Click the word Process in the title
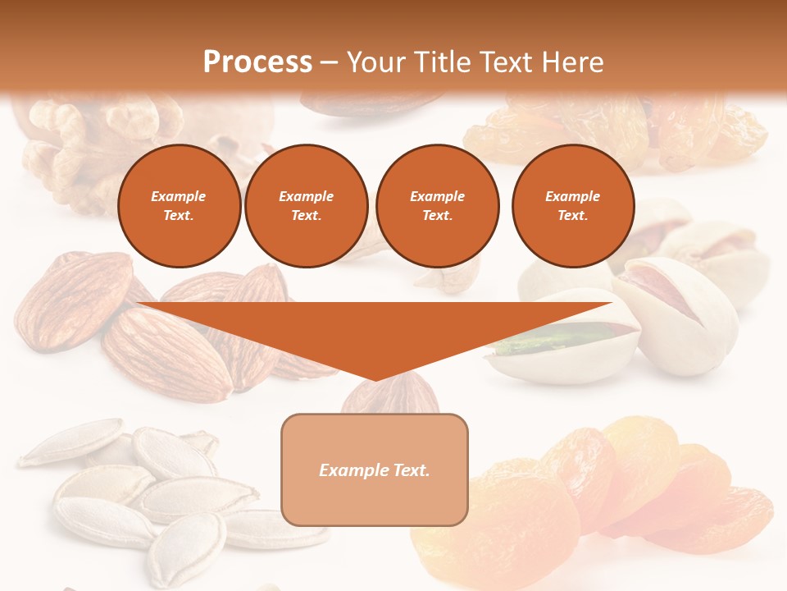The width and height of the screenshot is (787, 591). tap(257, 62)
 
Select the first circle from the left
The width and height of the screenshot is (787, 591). tap(179, 206)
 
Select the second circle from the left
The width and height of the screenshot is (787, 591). tap(306, 206)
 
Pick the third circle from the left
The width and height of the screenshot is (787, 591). tap(437, 206)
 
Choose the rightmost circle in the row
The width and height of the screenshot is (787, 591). tap(572, 206)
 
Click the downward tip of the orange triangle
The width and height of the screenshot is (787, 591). tap(375, 378)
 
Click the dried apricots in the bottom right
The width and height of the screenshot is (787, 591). tap(607, 492)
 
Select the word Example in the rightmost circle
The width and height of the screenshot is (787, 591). tap(572, 196)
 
